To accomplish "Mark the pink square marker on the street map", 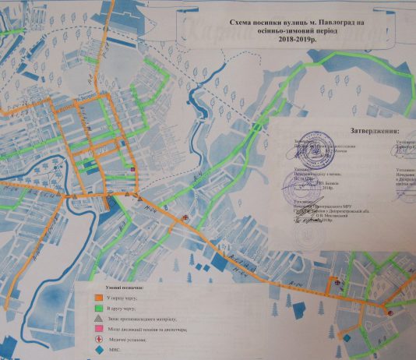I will (132, 169).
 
